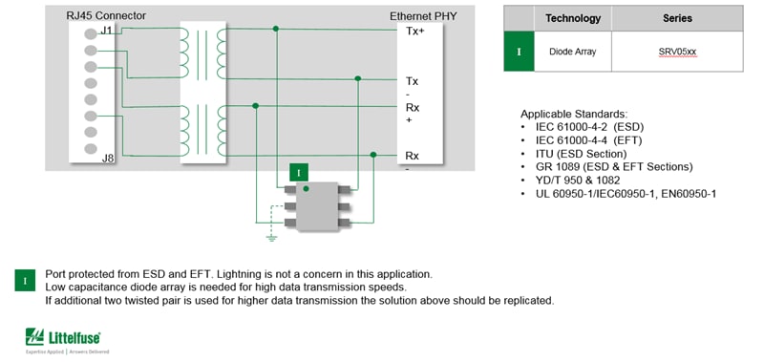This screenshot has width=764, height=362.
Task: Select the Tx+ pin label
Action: coord(414,31)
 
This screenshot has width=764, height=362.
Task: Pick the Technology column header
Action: coord(573,18)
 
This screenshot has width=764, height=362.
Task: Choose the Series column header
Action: coord(677,18)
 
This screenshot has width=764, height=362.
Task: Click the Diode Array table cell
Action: coord(573,52)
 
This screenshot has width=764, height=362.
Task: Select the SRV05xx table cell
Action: coord(677,52)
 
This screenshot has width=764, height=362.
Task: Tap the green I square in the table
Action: coord(519,52)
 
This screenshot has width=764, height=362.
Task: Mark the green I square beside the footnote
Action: coord(25,281)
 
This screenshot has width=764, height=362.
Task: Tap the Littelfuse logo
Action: coord(64,337)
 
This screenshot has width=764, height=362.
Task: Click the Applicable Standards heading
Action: coord(574,113)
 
